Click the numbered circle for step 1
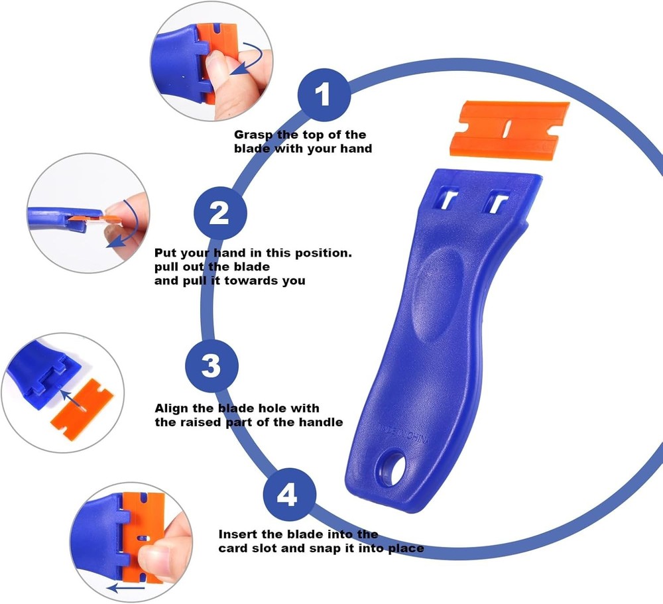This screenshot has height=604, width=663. pyautogui.click(x=323, y=96)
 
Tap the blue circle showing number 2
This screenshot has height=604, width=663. pyautogui.click(x=220, y=213)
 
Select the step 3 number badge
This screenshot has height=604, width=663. pyautogui.click(x=211, y=366)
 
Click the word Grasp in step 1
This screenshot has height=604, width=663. pyautogui.click(x=255, y=135)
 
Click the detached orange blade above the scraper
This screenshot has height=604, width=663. pyautogui.click(x=509, y=127)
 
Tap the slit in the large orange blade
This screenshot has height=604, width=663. pyautogui.click(x=509, y=127)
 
